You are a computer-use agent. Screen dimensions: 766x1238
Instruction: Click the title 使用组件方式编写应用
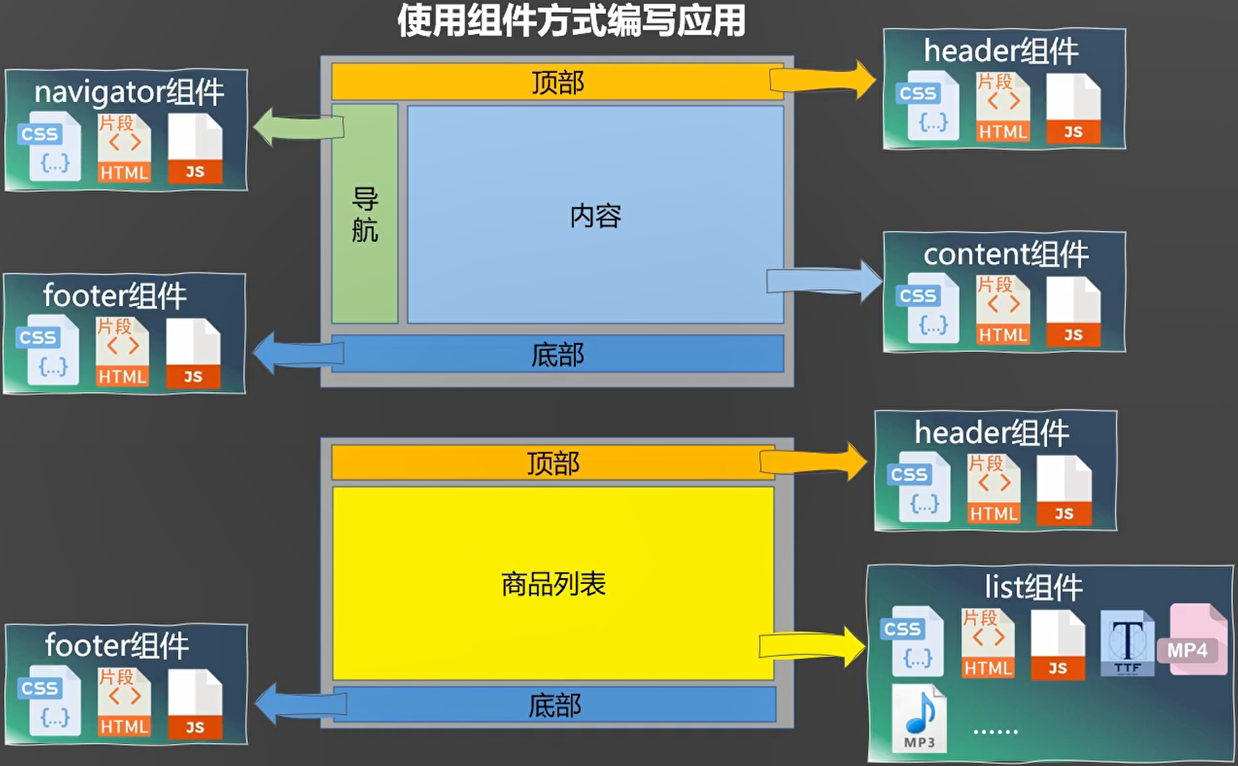pyautogui.click(x=571, y=21)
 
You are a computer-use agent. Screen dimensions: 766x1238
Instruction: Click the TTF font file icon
pyautogui.click(x=1127, y=643)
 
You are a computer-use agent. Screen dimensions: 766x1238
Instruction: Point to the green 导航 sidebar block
pyautogui.click(x=364, y=214)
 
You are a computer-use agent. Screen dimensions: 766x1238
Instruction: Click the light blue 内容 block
pyautogui.click(x=595, y=215)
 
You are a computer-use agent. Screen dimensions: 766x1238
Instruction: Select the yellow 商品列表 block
pyautogui.click(x=553, y=583)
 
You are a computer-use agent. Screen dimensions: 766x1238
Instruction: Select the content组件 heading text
pyautogui.click(x=1006, y=254)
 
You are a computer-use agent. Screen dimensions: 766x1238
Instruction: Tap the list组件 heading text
pyautogui.click(x=1033, y=587)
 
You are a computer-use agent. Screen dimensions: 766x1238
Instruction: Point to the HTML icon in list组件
pyautogui.click(x=988, y=644)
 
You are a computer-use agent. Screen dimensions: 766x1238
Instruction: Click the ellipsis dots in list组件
pyautogui.click(x=995, y=731)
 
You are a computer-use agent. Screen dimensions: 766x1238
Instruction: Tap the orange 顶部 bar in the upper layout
pyautogui.click(x=557, y=82)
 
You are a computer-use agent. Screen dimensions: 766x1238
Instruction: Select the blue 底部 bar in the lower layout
pyautogui.click(x=555, y=705)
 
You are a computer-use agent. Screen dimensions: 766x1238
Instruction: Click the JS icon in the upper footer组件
pyautogui.click(x=194, y=354)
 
